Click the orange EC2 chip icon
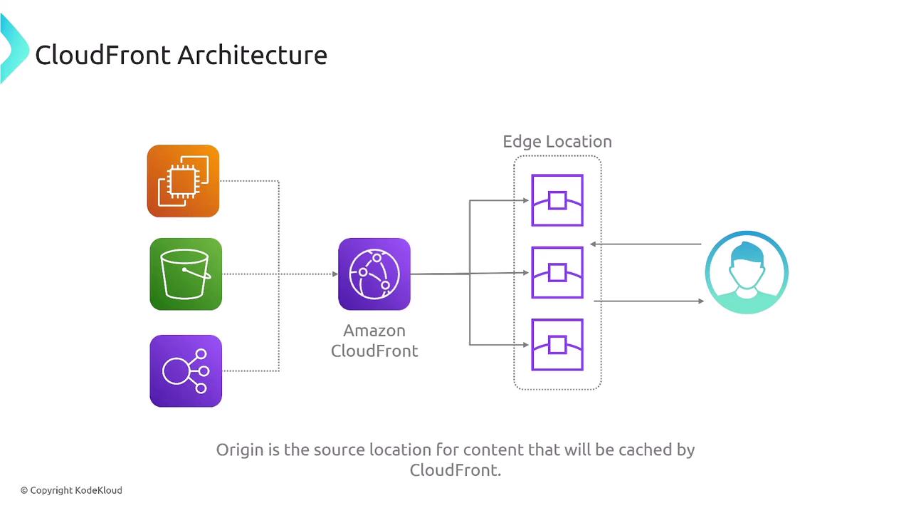pos(183,181)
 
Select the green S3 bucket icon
pos(186,274)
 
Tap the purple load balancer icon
pos(186,370)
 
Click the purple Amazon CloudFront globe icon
pos(374,274)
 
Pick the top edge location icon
pos(557,200)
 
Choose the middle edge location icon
pos(557,272)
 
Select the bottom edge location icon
pos(557,344)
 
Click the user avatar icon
pos(747,272)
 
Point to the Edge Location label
pos(557,141)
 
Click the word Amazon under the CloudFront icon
pos(374,331)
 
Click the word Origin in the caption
pos(239,450)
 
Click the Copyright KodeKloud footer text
pos(71,490)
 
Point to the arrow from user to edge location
pos(646,244)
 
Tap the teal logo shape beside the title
pos(13,48)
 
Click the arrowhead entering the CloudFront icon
pos(335,274)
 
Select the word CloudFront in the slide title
pos(103,55)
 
